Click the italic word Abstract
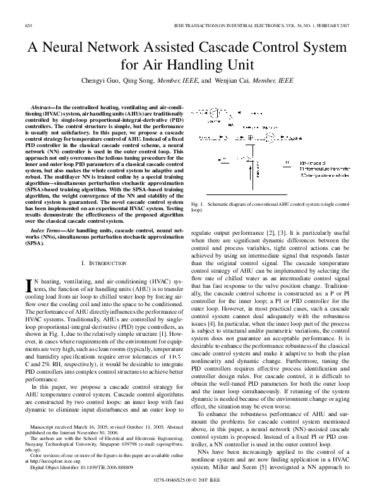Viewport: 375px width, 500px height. click(42, 109)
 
